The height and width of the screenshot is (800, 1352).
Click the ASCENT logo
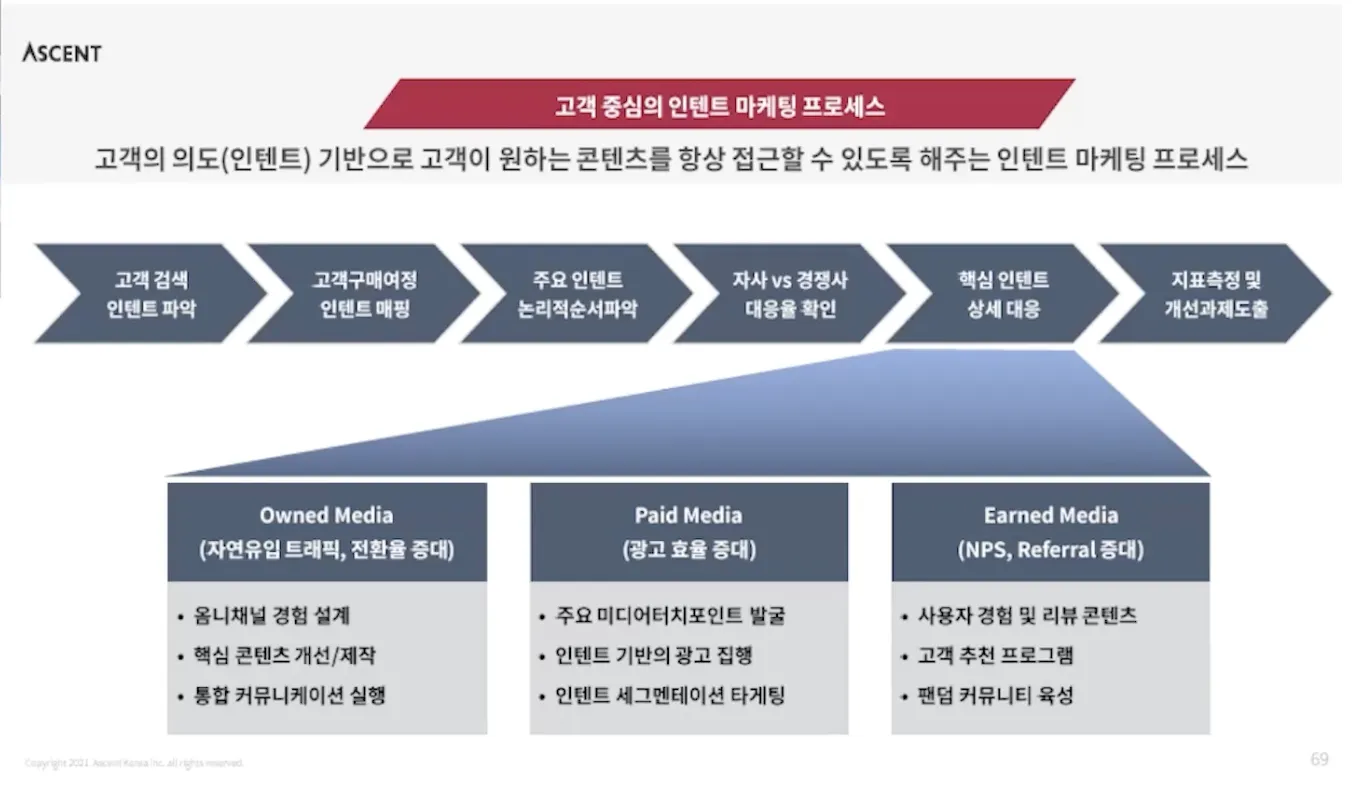coord(62,53)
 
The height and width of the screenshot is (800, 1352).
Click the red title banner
coord(719,105)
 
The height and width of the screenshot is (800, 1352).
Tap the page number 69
coord(1319,759)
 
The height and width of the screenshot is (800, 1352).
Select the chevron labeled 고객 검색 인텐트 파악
coord(151,294)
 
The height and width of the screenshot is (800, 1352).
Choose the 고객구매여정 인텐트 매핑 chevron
coord(364,294)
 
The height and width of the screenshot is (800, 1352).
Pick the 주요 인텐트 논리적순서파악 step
coord(577,294)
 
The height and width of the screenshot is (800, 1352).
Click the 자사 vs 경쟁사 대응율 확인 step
coord(790,294)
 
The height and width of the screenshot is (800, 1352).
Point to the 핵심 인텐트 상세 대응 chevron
coord(1003,294)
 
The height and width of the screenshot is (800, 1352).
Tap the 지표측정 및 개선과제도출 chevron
coord(1216,294)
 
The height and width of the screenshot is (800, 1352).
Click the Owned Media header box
coord(327,532)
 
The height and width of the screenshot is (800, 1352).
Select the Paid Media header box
coord(689,532)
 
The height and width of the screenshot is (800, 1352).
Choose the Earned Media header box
coord(1050,532)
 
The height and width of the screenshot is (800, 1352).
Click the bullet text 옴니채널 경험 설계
coord(271,616)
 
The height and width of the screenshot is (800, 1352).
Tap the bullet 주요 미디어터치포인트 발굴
coord(670,616)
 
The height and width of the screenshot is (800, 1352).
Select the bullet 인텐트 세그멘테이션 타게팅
coord(670,696)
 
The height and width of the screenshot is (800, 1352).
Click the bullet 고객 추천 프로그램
coord(995,656)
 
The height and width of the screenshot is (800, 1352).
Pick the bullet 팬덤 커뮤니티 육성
coord(995,696)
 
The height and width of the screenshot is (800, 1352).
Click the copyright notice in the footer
coord(134,764)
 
